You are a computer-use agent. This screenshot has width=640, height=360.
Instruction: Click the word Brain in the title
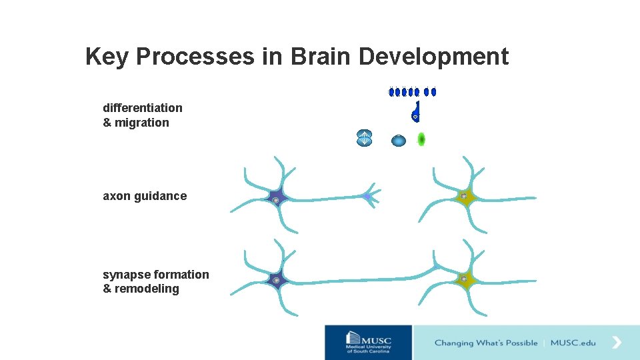tap(320, 57)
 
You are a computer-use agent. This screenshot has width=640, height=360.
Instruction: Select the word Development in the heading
tap(433, 57)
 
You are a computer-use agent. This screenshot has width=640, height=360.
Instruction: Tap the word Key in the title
tap(107, 57)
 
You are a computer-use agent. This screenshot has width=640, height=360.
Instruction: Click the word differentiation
tap(143, 108)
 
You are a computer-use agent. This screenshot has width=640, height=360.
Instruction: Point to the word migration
tap(142, 123)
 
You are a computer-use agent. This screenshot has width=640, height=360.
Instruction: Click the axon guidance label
tap(145, 196)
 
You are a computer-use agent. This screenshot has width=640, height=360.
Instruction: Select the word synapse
tap(127, 275)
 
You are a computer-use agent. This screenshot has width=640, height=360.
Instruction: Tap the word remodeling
tap(147, 289)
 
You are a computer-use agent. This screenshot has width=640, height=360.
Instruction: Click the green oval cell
tap(421, 139)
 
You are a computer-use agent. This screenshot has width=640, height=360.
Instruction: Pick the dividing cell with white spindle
tap(364, 137)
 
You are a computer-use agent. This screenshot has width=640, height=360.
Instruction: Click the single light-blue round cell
tap(399, 141)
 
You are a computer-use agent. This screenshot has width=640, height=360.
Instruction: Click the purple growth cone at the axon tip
tap(367, 197)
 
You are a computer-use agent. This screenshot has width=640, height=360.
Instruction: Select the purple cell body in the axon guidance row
tap(275, 199)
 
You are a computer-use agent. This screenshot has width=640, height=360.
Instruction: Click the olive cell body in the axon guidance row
tap(464, 197)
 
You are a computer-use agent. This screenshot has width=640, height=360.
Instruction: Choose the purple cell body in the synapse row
tap(275, 280)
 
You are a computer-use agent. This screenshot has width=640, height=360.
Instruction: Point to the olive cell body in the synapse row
tap(464, 278)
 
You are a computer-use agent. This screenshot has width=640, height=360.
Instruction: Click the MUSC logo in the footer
tap(369, 342)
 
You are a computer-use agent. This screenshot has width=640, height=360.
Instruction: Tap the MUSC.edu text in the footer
tap(573, 343)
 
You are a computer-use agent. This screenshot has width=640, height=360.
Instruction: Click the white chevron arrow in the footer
tap(617, 343)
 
